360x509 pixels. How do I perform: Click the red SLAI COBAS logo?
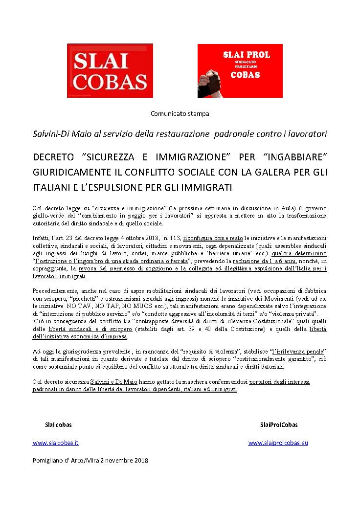[x=110, y=70]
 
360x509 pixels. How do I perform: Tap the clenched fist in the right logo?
[x=212, y=80]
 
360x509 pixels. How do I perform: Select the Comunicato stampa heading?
[x=180, y=114]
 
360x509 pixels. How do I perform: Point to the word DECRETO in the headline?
[x=53, y=157]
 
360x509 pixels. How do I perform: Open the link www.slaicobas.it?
[x=55, y=443]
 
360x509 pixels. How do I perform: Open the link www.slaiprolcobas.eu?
[x=278, y=443]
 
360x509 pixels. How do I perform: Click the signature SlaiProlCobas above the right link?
[x=278, y=424]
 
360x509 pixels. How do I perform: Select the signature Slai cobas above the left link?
[x=58, y=424]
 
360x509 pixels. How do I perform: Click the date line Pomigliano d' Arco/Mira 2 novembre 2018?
[x=90, y=460]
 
